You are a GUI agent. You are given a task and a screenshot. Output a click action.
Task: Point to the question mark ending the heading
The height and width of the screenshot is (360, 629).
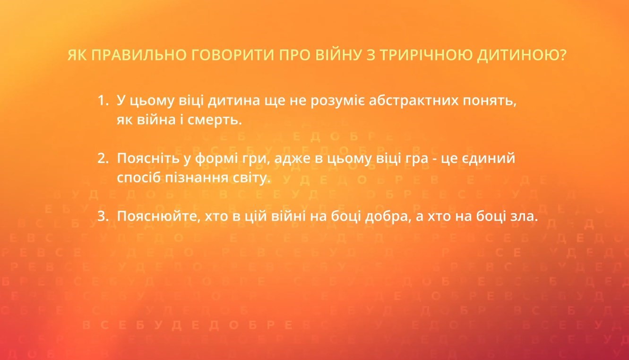coord(562,56)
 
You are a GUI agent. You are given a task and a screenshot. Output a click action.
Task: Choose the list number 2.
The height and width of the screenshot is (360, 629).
coord(103,159)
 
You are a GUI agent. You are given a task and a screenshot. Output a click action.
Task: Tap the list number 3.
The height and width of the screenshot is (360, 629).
coord(103,216)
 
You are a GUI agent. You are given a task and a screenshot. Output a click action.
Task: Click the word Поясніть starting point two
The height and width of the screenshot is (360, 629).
coord(146,159)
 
